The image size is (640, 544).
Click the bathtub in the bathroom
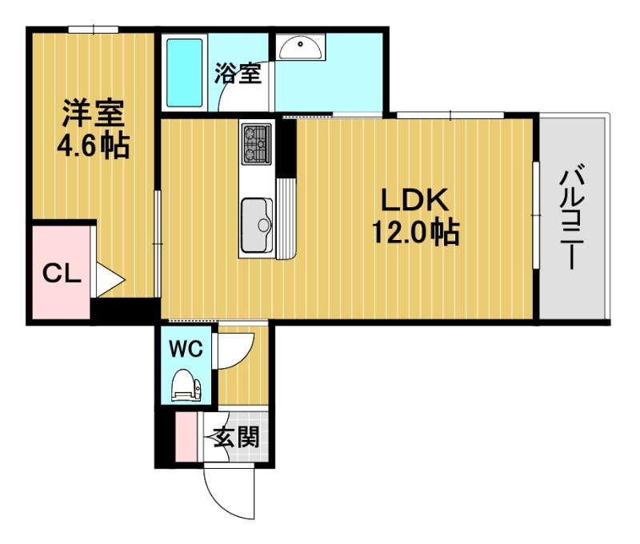pyautogui.click(x=185, y=73)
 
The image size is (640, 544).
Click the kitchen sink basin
pyautogui.click(x=257, y=226)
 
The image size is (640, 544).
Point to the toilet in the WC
pyautogui.click(x=186, y=386)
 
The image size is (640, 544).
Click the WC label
pyautogui.click(x=186, y=349)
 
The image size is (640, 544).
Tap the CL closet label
pyautogui.click(x=62, y=274)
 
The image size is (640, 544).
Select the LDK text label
pyautogui.click(x=414, y=199)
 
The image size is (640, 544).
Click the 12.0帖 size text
pyautogui.click(x=415, y=232)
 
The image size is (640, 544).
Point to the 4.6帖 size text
pyautogui.click(x=94, y=146)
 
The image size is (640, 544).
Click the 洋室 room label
pyautogui.click(x=94, y=113)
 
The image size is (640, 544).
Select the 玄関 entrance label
pyautogui.click(x=237, y=437)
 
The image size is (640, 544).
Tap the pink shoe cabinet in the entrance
pyautogui.click(x=186, y=437)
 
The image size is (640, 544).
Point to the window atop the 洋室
pyautogui.click(x=93, y=30)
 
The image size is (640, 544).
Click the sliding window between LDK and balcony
pyautogui.click(x=536, y=215)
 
